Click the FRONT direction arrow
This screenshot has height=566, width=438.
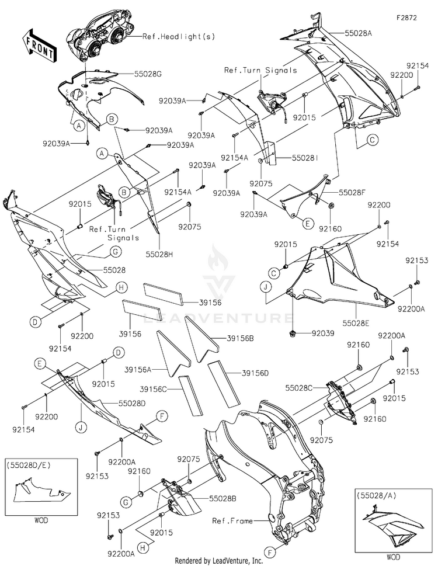(38, 45)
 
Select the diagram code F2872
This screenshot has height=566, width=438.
(406, 18)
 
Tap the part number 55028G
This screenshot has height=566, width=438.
(148, 74)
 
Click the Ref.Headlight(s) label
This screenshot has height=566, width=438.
(179, 36)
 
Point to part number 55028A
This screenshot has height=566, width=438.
(358, 33)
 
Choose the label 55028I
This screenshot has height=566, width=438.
(305, 158)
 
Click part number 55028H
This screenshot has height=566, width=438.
(159, 255)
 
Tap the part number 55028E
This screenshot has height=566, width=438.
(356, 323)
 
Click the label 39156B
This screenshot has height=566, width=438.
(240, 339)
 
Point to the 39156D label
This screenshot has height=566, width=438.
(255, 373)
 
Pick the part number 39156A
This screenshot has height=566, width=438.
(138, 370)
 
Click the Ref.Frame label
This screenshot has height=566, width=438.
(232, 521)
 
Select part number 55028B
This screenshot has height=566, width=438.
(223, 498)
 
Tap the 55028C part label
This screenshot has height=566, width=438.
(299, 388)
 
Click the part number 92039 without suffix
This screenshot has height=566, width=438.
(323, 333)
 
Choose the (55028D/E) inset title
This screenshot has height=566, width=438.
(28, 466)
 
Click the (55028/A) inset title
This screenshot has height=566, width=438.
(376, 495)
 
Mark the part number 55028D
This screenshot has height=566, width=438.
(132, 404)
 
